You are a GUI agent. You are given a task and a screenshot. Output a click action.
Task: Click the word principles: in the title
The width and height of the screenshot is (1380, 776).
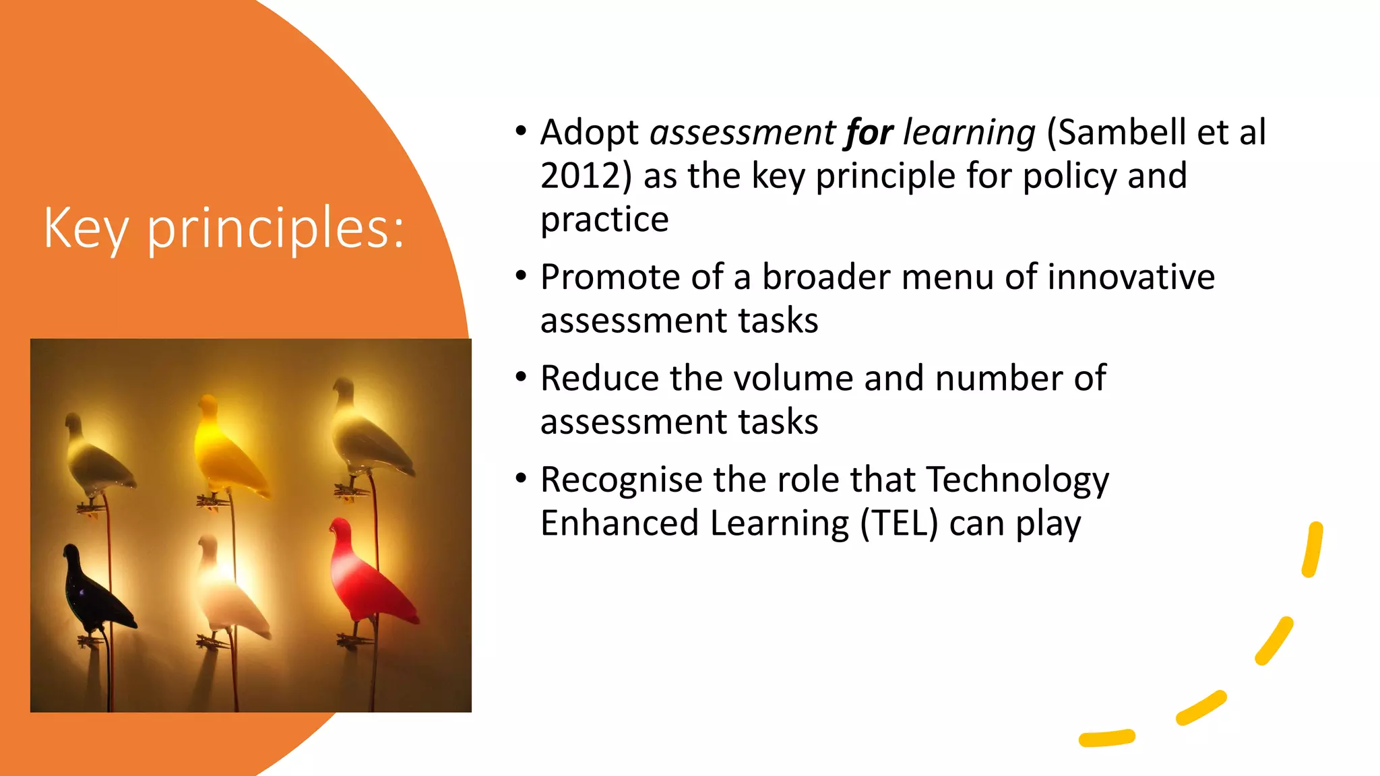(276, 229)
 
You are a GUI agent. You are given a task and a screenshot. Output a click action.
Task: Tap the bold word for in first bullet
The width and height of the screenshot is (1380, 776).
(869, 133)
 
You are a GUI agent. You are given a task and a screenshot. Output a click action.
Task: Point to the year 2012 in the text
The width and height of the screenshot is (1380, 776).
(580, 176)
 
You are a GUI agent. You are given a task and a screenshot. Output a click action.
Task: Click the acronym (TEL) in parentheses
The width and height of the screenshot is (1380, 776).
(899, 524)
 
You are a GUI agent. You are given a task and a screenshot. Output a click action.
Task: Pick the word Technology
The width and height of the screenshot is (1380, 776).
(1017, 480)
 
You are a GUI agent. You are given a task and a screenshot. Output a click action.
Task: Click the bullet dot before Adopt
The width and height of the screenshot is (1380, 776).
(520, 131)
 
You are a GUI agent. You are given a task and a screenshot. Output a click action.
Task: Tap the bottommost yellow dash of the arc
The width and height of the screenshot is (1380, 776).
(1106, 738)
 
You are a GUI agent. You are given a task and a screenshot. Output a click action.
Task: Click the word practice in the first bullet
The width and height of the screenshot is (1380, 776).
(604, 220)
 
